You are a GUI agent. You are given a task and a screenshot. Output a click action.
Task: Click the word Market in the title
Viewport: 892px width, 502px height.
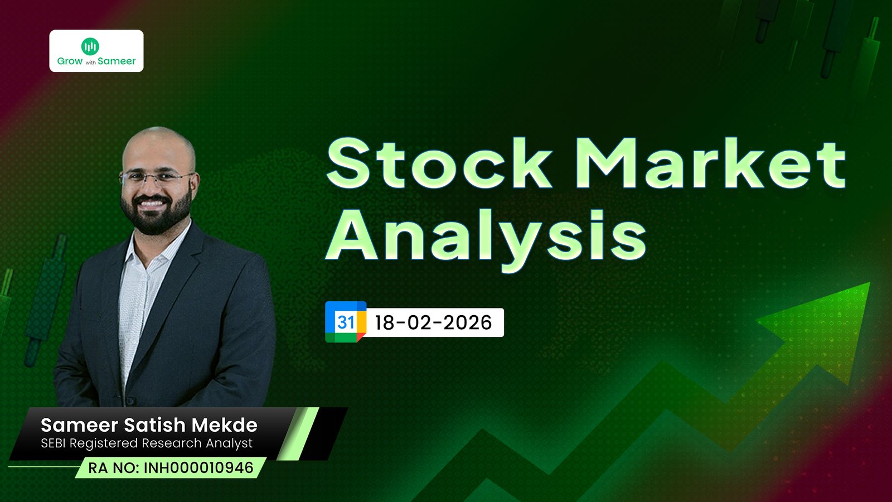pyautogui.click(x=710, y=163)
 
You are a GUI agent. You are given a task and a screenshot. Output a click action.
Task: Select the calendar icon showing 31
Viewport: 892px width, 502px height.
pyautogui.click(x=346, y=322)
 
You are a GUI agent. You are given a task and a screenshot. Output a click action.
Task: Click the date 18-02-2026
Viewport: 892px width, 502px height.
pyautogui.click(x=433, y=322)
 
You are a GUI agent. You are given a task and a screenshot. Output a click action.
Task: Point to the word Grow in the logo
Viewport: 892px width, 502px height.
pyautogui.click(x=70, y=61)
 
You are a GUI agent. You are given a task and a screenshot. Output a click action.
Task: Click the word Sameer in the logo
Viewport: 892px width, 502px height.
pyautogui.click(x=117, y=61)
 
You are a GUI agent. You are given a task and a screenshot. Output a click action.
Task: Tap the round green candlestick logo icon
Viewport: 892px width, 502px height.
pyautogui.click(x=90, y=46)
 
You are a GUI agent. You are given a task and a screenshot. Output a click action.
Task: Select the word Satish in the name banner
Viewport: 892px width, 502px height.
pyautogui.click(x=155, y=425)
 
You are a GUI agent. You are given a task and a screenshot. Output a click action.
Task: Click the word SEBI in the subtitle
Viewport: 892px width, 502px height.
pyautogui.click(x=54, y=443)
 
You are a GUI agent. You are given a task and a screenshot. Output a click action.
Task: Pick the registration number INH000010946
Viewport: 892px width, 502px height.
pyautogui.click(x=198, y=468)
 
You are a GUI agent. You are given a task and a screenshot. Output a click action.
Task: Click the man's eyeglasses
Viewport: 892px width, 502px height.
pyautogui.click(x=157, y=178)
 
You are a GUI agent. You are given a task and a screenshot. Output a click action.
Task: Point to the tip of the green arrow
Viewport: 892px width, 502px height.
pyautogui.click(x=869, y=283)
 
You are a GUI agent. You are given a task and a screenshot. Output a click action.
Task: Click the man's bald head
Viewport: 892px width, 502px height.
pyautogui.click(x=158, y=146)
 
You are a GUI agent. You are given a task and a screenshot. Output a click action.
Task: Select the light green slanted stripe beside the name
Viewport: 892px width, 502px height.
pyautogui.click(x=298, y=433)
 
